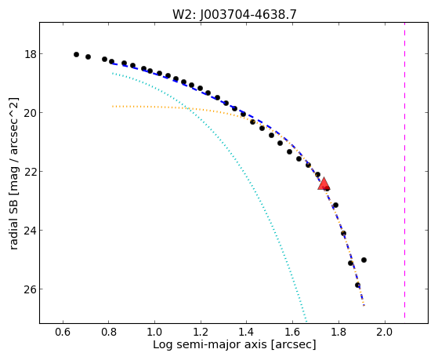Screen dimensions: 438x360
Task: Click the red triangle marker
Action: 324,184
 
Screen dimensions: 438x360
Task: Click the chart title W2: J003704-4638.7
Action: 234,14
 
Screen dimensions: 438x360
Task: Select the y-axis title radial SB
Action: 13,224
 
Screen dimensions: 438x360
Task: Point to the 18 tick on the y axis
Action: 31,54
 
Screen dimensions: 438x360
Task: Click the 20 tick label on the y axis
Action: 31,113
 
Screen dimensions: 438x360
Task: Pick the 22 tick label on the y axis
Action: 31,172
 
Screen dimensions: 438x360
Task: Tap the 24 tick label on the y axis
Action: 31,231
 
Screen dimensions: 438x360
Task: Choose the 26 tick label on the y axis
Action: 31,289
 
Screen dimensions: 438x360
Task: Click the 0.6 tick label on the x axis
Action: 63,333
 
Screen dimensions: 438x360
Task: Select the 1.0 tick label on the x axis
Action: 154,333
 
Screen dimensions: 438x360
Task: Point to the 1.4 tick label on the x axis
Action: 246,333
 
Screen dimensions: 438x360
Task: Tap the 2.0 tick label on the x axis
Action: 385,333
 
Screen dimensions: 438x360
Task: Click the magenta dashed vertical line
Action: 404,170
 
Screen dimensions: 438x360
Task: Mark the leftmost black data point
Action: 76,55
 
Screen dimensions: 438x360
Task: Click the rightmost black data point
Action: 364,260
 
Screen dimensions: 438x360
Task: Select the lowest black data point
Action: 357,285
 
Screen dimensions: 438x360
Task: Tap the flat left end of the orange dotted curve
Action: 113,107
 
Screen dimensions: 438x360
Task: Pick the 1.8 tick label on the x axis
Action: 338,333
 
